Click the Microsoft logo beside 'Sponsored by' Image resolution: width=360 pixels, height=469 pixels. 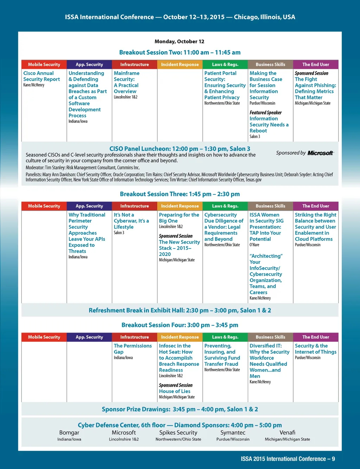click(x=320, y=153)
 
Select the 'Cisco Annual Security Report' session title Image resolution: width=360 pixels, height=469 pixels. click(x=41, y=76)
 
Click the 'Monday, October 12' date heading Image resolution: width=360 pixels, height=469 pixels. click(x=179, y=41)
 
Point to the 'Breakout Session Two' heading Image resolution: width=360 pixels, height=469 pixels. click(x=180, y=52)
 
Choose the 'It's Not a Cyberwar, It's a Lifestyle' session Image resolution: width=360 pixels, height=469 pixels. click(x=131, y=221)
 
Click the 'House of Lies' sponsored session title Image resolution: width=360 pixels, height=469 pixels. click(x=174, y=391)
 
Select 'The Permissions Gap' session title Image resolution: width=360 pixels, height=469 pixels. click(x=133, y=349)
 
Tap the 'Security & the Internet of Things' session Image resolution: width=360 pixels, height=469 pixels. click(x=315, y=349)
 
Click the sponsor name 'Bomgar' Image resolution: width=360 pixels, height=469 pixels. click(x=69, y=433)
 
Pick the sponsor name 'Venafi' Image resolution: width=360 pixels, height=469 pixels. click(x=287, y=433)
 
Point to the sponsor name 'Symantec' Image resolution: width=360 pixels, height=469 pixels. click(x=233, y=433)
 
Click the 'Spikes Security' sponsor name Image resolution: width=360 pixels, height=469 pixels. click(x=178, y=433)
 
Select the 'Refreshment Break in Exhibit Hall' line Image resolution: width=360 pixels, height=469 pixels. click(x=180, y=310)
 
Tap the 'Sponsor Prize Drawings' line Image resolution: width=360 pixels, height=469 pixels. click(x=180, y=409)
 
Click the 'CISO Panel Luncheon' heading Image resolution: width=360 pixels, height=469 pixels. click(x=180, y=149)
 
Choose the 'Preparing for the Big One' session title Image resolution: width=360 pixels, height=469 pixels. click(x=179, y=218)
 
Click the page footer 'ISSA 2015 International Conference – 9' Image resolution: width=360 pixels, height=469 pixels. click(x=288, y=459)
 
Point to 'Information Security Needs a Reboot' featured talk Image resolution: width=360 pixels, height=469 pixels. click(x=269, y=124)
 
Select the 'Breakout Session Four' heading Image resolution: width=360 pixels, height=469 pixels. click(x=180, y=325)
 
